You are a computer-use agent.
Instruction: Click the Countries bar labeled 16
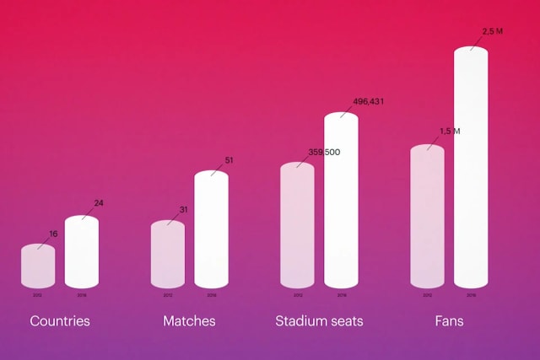tap(38, 266)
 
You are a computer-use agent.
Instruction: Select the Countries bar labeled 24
tap(82, 253)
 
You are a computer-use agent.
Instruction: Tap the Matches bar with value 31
tap(168, 255)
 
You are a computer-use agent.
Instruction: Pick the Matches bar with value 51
tap(212, 230)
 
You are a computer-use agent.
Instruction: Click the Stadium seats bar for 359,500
tap(297, 226)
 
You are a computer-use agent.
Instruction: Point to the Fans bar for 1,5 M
tap(427, 218)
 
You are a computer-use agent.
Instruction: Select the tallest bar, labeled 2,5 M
tap(471, 169)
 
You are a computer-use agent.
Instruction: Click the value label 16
tap(53, 233)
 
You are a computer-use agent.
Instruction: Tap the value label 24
tap(99, 203)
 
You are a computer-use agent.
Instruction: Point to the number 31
tap(183, 209)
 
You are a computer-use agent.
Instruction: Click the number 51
tap(229, 160)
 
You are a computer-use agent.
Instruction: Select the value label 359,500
tap(324, 152)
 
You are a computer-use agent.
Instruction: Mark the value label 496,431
tap(368, 102)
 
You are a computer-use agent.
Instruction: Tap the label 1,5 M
tap(450, 132)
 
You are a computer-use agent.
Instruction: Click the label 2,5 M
tap(492, 31)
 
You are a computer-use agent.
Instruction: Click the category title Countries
tap(60, 321)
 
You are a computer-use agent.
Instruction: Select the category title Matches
tap(189, 321)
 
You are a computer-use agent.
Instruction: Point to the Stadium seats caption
tap(319, 321)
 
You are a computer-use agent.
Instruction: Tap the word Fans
tap(449, 321)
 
